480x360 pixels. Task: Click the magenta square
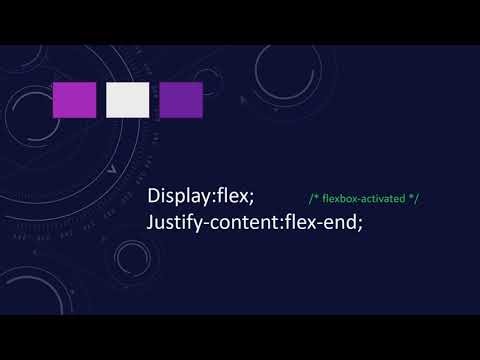[74, 100]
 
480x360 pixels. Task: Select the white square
[127, 100]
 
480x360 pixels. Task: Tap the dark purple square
[181, 100]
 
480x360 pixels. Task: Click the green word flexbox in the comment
[342, 199]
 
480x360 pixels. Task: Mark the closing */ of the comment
[414, 199]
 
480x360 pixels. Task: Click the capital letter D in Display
[154, 197]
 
